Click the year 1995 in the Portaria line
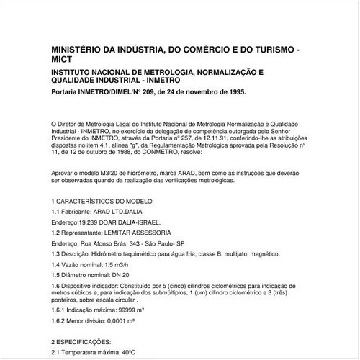pyautogui.click(x=235, y=93)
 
